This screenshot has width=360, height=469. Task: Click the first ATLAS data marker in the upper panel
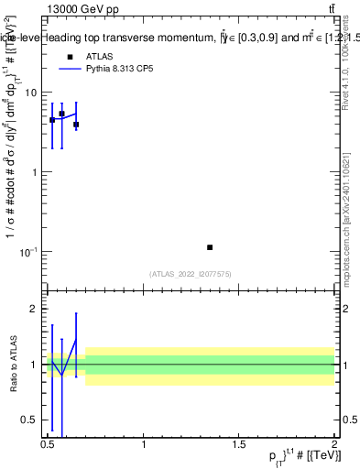tap(52, 120)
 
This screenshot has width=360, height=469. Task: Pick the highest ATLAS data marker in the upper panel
tap(61, 114)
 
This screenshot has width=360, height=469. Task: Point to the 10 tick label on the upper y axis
tap(31, 93)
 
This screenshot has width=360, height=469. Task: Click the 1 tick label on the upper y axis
tap(34, 172)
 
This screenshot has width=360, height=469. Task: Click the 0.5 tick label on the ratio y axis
tap(29, 420)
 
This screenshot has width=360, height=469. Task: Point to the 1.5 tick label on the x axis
tap(238, 444)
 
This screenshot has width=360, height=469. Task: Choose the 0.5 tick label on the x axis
tap(48, 444)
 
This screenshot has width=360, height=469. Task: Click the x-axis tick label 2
tap(333, 444)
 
